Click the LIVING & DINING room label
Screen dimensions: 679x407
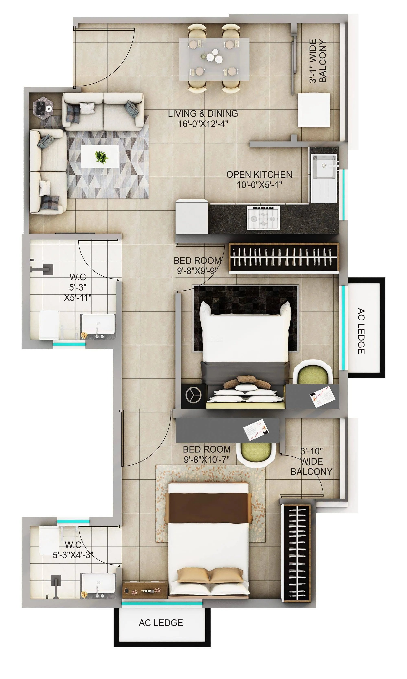click(x=203, y=118)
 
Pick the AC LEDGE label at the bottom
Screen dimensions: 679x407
click(x=161, y=623)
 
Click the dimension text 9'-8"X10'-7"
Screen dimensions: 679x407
click(x=207, y=459)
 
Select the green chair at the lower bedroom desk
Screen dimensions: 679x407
click(x=256, y=452)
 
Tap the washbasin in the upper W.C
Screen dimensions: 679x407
click(x=98, y=324)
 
